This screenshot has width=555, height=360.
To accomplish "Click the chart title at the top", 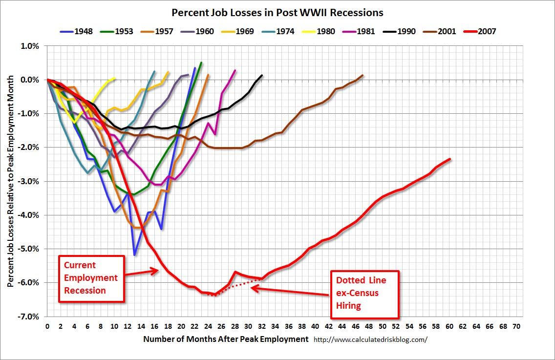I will [x=277, y=12].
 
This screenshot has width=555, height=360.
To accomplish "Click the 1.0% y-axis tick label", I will [x=30, y=46].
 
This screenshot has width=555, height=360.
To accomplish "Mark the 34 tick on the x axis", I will [x=275, y=326].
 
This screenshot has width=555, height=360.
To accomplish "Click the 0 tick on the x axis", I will [x=47, y=326].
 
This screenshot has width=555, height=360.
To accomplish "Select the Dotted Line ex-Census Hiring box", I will [x=365, y=293].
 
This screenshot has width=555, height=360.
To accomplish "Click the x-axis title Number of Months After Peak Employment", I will [x=226, y=339].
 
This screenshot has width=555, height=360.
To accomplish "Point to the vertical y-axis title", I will [x=10, y=181].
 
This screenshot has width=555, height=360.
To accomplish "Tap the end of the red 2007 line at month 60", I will [x=449, y=159].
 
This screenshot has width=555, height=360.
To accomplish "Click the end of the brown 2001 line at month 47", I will [x=363, y=75].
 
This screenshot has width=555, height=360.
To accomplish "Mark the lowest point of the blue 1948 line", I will [x=134, y=254].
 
